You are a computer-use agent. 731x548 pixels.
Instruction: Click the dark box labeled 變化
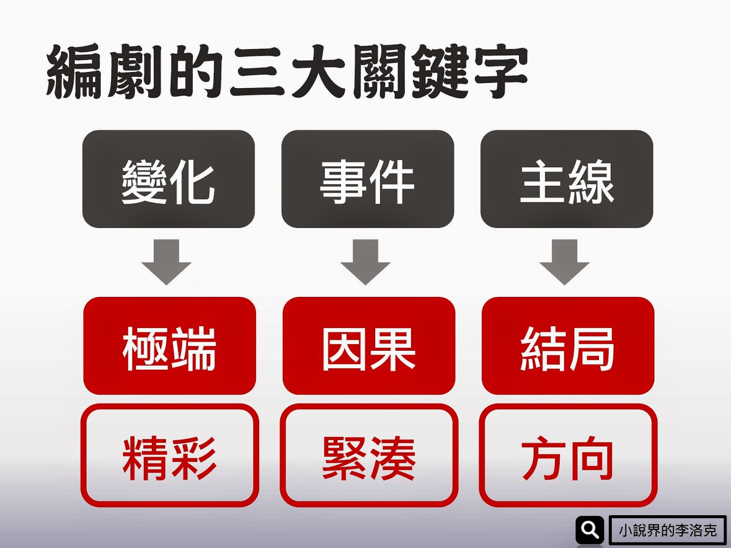(169, 179)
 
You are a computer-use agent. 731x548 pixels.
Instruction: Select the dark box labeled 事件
(367, 179)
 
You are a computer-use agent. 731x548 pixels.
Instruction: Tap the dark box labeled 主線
(567, 179)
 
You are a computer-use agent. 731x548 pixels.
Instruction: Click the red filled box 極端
(170, 346)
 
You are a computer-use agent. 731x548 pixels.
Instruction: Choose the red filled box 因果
(369, 346)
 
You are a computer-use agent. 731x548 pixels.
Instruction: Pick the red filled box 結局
(568, 346)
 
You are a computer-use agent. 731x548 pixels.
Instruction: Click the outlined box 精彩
(170, 455)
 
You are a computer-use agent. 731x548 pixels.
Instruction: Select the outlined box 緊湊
(369, 455)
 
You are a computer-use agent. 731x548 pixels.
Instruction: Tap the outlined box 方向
(568, 455)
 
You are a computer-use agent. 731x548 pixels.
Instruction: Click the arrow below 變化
(166, 262)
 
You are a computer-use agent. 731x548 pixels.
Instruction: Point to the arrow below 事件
(365, 262)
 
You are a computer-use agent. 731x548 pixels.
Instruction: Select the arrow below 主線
(565, 262)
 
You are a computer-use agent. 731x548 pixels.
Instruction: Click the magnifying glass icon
(590, 530)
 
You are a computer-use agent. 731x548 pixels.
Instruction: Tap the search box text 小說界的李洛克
(667, 530)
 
